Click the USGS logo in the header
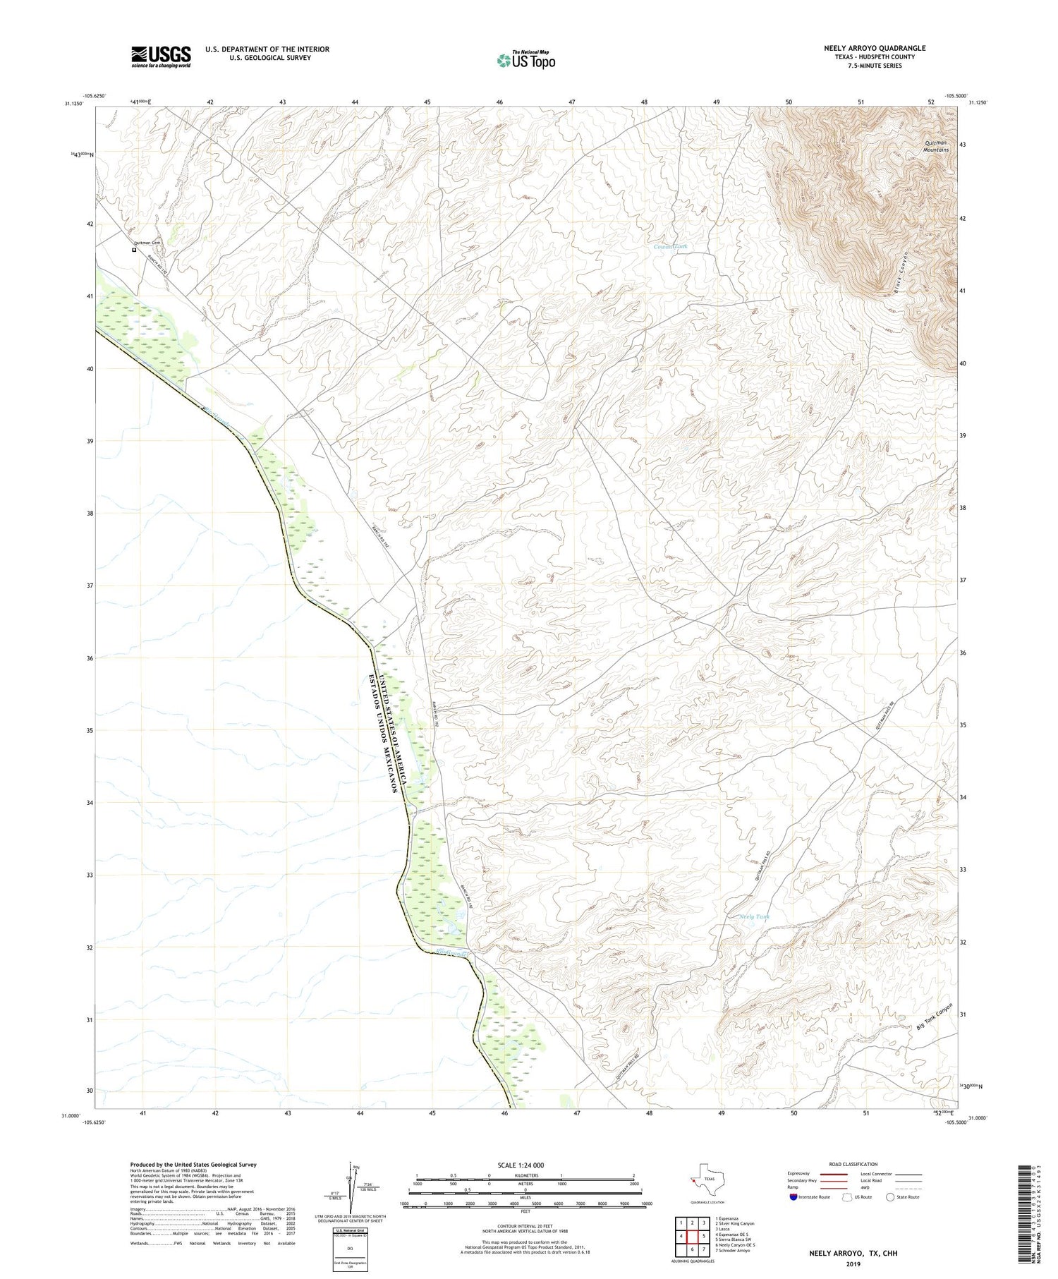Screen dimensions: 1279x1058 161,56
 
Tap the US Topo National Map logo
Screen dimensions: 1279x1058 525,61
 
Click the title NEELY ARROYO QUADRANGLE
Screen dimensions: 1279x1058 874,48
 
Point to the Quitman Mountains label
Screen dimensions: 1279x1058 937,147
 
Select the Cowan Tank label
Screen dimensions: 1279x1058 670,247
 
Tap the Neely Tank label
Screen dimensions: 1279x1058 754,917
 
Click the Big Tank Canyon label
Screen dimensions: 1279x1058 935,1019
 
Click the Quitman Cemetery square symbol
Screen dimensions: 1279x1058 133,249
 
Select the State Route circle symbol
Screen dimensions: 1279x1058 890,1197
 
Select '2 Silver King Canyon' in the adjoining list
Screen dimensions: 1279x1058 734,1224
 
